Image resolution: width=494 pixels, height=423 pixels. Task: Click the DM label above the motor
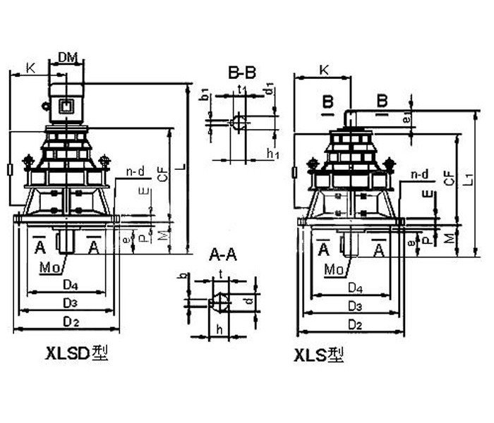(x=67, y=56)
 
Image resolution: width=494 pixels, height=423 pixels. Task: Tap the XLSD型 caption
(x=77, y=353)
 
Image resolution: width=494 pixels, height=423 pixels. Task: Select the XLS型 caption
(x=320, y=356)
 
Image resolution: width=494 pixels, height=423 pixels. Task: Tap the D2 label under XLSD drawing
(x=68, y=321)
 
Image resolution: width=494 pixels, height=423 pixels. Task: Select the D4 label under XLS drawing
(x=356, y=288)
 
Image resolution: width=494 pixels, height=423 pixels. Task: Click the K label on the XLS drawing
(x=323, y=70)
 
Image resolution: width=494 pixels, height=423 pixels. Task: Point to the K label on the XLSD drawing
(x=30, y=68)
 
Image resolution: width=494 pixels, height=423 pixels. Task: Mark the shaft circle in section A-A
(x=221, y=303)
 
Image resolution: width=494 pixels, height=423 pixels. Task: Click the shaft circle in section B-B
(x=239, y=123)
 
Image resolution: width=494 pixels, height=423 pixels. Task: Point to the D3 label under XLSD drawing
(x=68, y=303)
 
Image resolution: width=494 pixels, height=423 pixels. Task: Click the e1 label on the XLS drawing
(x=407, y=119)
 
